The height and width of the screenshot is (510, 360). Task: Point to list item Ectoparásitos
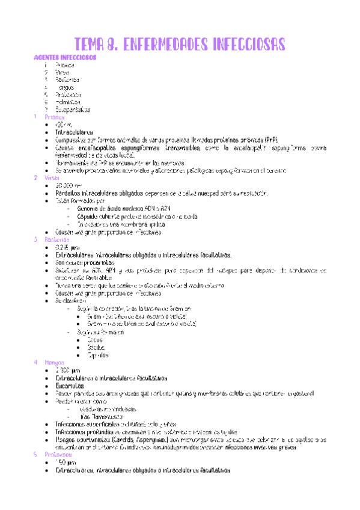72,109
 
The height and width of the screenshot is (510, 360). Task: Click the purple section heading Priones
64,117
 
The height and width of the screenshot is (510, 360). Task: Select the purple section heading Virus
63,178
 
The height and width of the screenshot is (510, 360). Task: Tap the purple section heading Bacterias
67,239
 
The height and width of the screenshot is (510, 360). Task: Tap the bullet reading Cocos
95,340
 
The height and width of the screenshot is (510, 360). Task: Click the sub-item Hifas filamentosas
102,416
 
